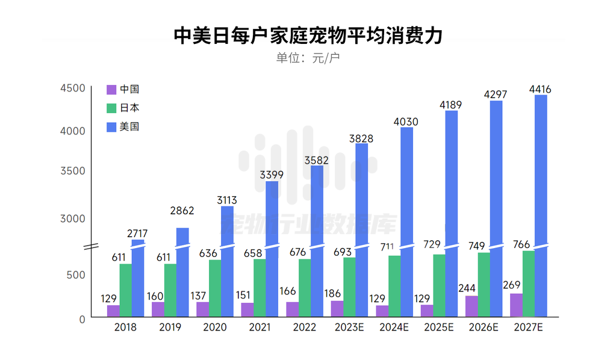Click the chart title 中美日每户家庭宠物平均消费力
tap(308, 36)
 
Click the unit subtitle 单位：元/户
tap(308, 58)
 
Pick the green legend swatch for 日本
tap(111, 108)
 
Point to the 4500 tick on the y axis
tap(73, 88)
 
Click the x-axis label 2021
tap(260, 327)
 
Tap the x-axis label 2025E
tap(439, 327)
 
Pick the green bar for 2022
tap(305, 288)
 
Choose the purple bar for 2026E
tap(471, 306)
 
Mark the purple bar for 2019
tap(158, 309)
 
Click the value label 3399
tap(272, 175)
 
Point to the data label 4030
tap(406, 122)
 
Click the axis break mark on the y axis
tap(91, 247)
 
